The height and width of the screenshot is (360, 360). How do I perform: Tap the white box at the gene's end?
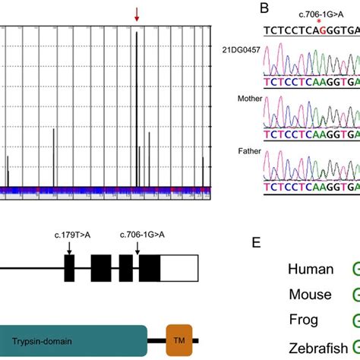(179, 270)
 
